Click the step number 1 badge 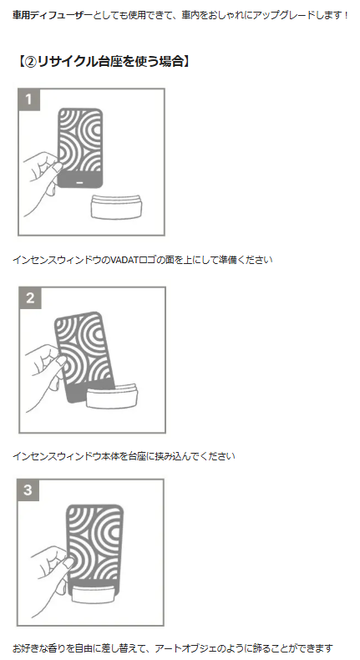point(28,99)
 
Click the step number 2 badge point(30,298)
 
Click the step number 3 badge point(28,490)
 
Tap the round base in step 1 point(116,206)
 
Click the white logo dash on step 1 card point(80,183)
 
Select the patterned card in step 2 point(84,356)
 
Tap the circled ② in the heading point(30,62)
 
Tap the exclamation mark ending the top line point(346,16)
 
